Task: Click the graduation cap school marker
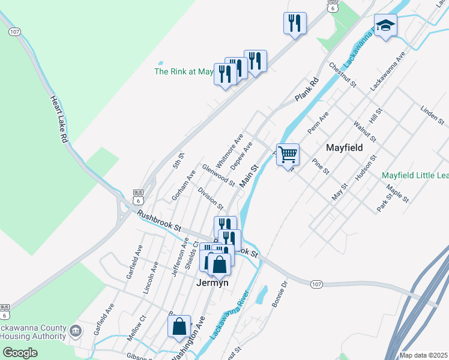[385, 26]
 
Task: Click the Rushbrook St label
[158, 221]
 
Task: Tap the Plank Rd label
[306, 89]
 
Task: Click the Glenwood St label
[218, 175]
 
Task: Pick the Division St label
[210, 197]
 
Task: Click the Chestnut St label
[343, 74]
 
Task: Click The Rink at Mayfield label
[184, 71]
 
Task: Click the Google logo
[20, 353]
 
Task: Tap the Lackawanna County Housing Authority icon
[76, 331]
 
